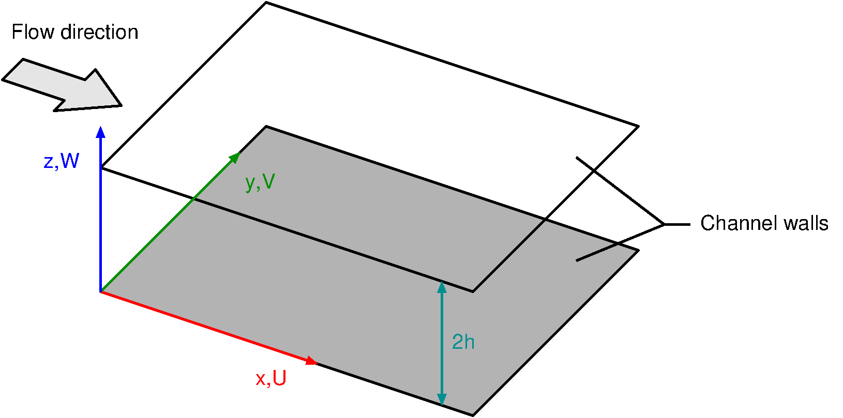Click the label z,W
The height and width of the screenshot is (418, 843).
tap(62, 162)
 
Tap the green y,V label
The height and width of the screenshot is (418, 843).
tap(260, 182)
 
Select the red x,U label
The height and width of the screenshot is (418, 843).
tap(271, 379)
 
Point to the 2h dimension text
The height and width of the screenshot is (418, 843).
tap(463, 342)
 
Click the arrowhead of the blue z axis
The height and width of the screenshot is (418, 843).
tap(101, 131)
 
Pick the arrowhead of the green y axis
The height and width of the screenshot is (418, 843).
tap(235, 157)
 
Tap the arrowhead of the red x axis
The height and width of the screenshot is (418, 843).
tap(311, 361)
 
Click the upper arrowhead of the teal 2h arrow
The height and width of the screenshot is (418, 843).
tap(442, 287)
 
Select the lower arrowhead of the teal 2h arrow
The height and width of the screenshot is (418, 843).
tap(442, 399)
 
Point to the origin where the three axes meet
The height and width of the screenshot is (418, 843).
tap(101, 292)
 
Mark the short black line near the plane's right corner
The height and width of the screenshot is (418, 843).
tap(596, 253)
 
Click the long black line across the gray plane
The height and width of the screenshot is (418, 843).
tap(331, 245)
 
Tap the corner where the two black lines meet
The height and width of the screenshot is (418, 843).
tap(473, 292)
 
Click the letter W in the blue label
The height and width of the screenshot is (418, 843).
tap(70, 162)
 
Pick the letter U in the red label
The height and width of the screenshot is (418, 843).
tap(279, 379)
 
